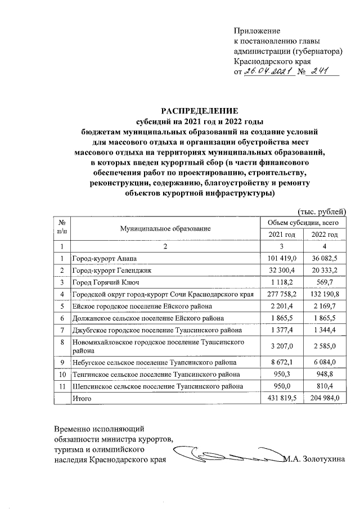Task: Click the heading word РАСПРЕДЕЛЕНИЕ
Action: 201,110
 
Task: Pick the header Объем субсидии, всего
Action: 303,223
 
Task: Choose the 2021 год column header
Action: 281,235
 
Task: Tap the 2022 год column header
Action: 325,235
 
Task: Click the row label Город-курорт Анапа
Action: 105,258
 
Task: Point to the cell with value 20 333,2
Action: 325,270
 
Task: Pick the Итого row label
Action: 82,398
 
